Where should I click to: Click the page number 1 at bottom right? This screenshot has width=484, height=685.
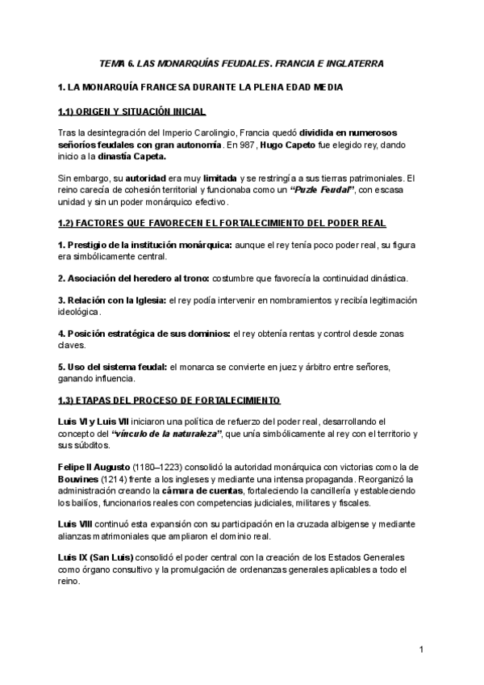[421, 650]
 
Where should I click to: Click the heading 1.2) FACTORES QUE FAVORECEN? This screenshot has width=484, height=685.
[222, 222]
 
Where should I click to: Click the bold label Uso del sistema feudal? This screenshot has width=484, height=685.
[113, 367]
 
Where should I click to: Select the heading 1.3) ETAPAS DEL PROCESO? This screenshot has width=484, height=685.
[169, 400]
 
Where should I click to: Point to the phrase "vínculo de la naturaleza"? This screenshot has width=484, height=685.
[165, 434]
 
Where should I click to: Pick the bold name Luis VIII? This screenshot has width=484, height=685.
[75, 523]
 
